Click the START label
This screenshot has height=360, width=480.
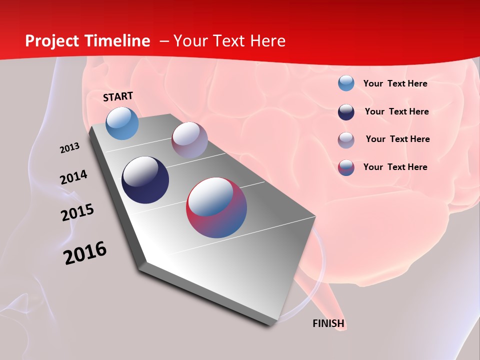coord(118,96)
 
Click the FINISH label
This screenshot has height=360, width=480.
coord(328,323)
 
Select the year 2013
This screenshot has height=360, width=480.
coord(69,148)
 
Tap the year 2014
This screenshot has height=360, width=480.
coord(73,177)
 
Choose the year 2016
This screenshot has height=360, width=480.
coord(85,253)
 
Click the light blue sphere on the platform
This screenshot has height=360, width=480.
coord(122,123)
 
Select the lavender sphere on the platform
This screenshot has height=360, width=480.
coord(189,140)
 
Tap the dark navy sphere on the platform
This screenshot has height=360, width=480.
coord(145,180)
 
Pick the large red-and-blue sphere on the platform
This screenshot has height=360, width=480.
coord(216,207)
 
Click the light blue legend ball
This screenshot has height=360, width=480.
coord(346,83)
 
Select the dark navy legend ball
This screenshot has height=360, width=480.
coord(346,112)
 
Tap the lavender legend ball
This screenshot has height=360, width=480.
coord(346,140)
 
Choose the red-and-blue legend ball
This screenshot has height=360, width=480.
coord(346,167)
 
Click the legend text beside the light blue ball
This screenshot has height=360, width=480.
coord(395,83)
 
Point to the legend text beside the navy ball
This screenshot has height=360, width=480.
coord(396,111)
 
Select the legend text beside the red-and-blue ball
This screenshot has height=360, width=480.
coord(395,167)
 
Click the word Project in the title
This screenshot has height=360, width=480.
coord(52,41)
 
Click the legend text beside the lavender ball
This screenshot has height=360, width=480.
coord(397,139)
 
